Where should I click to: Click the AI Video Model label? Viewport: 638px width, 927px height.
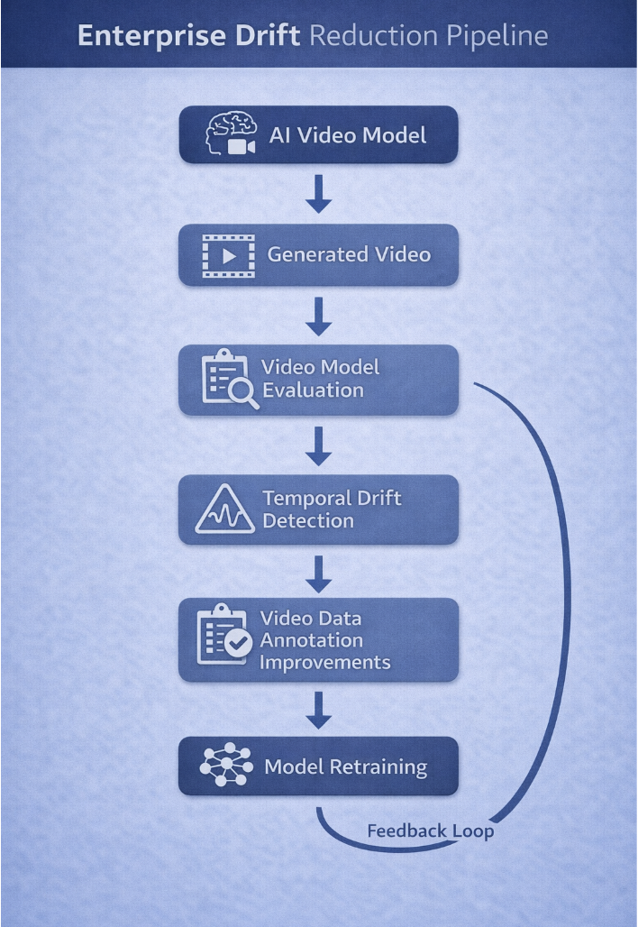click(348, 136)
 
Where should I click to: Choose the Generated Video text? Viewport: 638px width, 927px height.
click(349, 255)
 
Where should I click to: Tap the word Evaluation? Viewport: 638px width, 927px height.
click(313, 391)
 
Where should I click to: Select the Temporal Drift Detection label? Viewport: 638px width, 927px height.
click(332, 509)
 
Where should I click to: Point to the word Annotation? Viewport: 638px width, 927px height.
click(312, 640)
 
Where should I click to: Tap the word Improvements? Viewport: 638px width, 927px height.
click(325, 662)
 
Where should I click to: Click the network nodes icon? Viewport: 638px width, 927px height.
click(224, 767)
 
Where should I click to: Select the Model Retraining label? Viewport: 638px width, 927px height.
click(346, 768)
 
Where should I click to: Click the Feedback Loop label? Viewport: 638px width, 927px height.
click(430, 831)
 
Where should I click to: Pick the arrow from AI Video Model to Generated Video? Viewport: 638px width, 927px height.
click(318, 194)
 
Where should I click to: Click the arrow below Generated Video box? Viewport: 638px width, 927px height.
click(318, 316)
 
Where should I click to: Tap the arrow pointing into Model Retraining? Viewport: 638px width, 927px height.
click(318, 710)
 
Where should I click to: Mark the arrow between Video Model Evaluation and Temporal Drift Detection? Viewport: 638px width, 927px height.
click(318, 445)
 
